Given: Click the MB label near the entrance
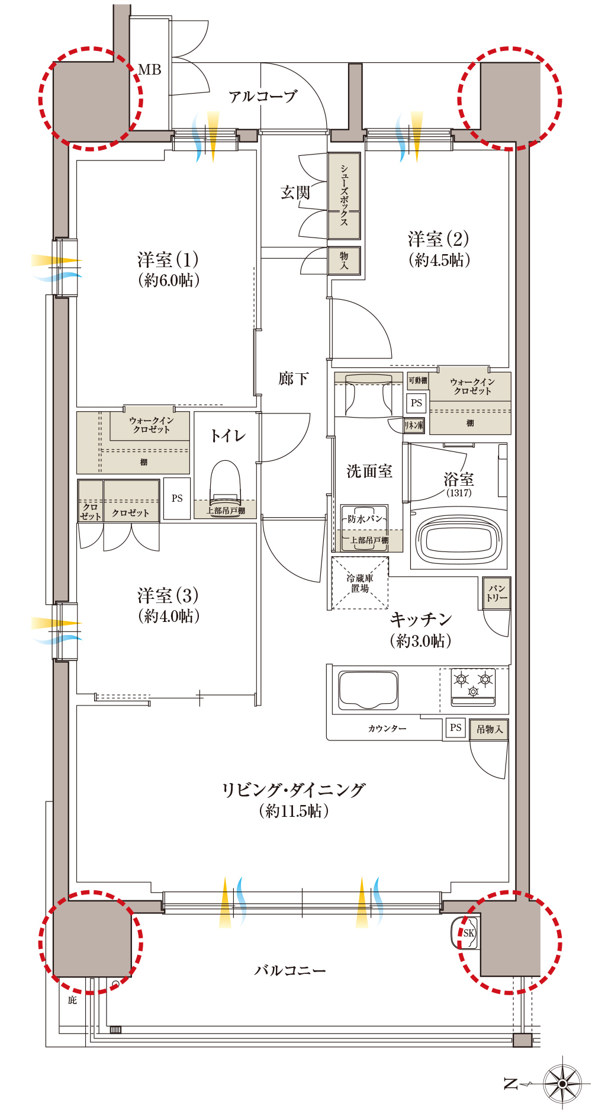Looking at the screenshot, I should tap(150, 70).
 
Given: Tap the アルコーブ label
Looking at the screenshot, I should tap(262, 96).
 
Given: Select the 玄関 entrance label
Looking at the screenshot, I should tap(295, 193).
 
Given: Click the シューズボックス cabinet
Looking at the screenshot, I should tap(344, 196).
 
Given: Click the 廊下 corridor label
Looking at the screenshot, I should tap(293, 379).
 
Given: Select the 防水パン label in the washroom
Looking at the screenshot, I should tap(365, 519).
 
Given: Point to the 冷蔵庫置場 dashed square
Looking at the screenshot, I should tap(359, 583).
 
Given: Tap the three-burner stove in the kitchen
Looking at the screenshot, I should tap(473, 687).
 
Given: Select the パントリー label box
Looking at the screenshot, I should tap(496, 593).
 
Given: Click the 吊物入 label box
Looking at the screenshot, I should tap(489, 729).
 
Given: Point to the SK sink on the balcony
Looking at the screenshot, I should tap(468, 933).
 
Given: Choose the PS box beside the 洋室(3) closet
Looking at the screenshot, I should tap(177, 499).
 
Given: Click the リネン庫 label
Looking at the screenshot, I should tap(414, 425).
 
